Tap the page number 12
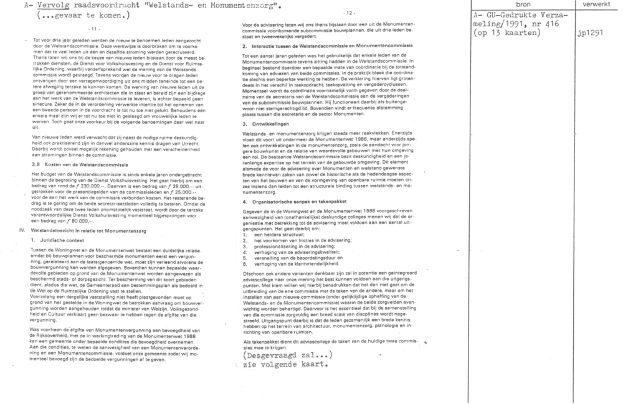point(348,13)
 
